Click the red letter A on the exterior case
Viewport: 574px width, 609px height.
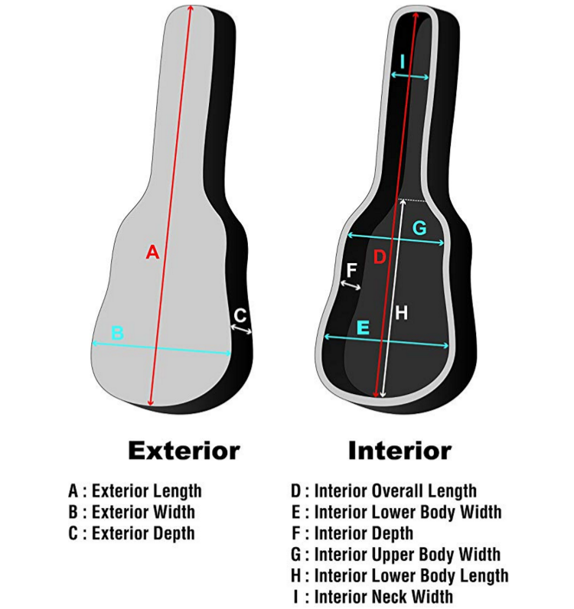[152, 251]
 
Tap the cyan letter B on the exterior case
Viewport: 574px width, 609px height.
[117, 333]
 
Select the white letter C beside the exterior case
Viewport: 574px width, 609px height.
[240, 314]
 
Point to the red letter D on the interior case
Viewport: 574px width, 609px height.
[380, 257]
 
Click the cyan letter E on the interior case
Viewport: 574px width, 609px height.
[364, 327]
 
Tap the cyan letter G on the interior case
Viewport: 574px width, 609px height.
[419, 227]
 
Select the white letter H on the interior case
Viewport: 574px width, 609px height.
[401, 312]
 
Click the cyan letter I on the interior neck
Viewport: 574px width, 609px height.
[403, 61]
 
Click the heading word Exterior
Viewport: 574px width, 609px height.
[184, 451]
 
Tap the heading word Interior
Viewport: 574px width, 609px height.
[400, 451]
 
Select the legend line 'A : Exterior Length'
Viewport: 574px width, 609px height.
[135, 491]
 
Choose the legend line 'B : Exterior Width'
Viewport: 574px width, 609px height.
[132, 512]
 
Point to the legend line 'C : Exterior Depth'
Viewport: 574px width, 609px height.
[132, 532]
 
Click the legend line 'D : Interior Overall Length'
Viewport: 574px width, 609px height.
[383, 491]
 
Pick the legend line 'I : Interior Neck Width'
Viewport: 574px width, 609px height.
[372, 595]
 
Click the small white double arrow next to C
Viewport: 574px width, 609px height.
[242, 329]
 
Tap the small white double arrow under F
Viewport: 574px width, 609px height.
[351, 285]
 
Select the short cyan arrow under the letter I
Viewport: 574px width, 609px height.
[409, 75]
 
